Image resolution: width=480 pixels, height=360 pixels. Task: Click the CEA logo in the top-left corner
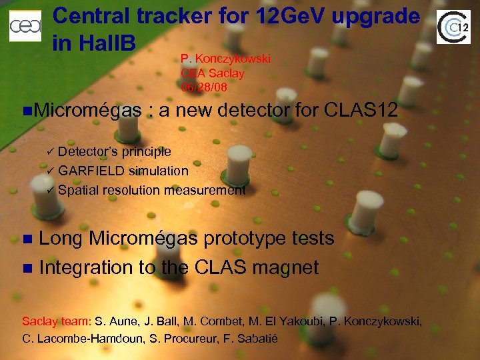(25, 26)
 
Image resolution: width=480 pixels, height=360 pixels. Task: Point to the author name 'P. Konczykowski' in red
(225, 59)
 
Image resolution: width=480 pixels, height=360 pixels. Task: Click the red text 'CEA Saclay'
(212, 73)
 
